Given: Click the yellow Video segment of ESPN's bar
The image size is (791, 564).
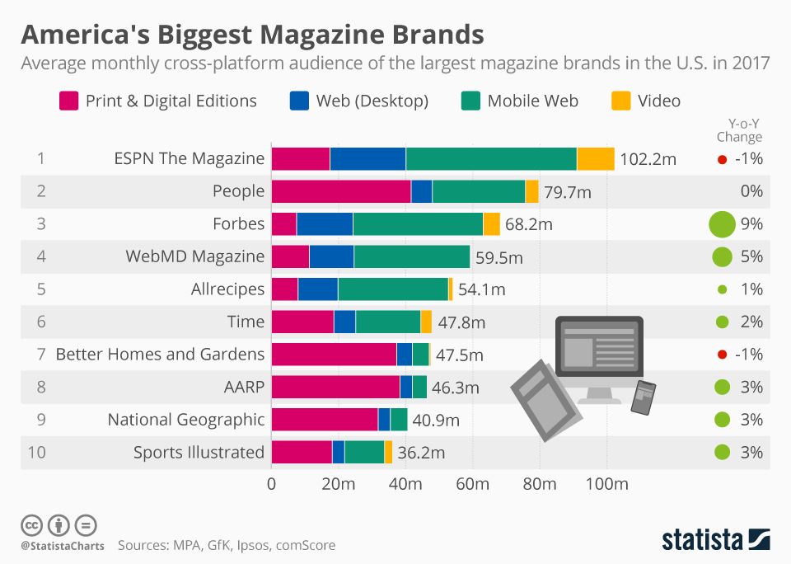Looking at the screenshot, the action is pyautogui.click(x=596, y=158).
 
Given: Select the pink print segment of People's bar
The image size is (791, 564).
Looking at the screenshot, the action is pyautogui.click(x=341, y=191).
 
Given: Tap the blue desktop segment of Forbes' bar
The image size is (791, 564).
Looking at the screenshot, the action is pyautogui.click(x=325, y=223).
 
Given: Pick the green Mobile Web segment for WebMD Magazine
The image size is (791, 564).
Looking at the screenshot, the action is pyautogui.click(x=411, y=256).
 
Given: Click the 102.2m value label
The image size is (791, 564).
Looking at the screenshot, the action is pyautogui.click(x=648, y=159).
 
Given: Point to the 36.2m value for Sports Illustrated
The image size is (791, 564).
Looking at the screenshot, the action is pyautogui.click(x=421, y=453).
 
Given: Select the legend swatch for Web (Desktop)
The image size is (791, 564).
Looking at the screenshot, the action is pyautogui.click(x=298, y=101).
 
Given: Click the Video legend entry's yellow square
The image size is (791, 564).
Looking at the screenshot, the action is pyautogui.click(x=620, y=101).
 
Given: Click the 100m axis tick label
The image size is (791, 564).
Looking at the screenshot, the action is pyautogui.click(x=606, y=484).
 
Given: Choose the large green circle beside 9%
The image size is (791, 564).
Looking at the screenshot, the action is pyautogui.click(x=722, y=223).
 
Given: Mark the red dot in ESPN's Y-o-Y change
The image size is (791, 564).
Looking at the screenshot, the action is pyautogui.click(x=723, y=158).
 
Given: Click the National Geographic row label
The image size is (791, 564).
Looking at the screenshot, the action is pyautogui.click(x=186, y=420).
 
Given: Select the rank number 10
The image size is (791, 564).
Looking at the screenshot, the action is pyautogui.click(x=37, y=453).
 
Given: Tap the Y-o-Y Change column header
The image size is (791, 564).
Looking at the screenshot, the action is pyautogui.click(x=739, y=130).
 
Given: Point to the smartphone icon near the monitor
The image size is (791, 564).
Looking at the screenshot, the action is pyautogui.click(x=643, y=397).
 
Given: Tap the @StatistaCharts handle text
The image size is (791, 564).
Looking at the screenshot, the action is pyautogui.click(x=63, y=546).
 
